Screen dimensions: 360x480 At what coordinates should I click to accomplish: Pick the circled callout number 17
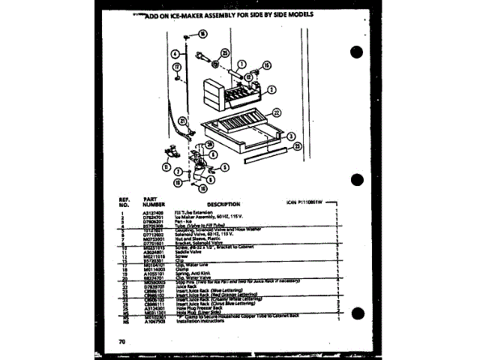[176, 68]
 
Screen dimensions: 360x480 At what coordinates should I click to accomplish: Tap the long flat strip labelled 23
[261, 158]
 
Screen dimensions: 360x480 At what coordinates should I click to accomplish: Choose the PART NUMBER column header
[154, 201]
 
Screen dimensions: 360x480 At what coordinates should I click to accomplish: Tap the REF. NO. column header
[124, 201]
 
